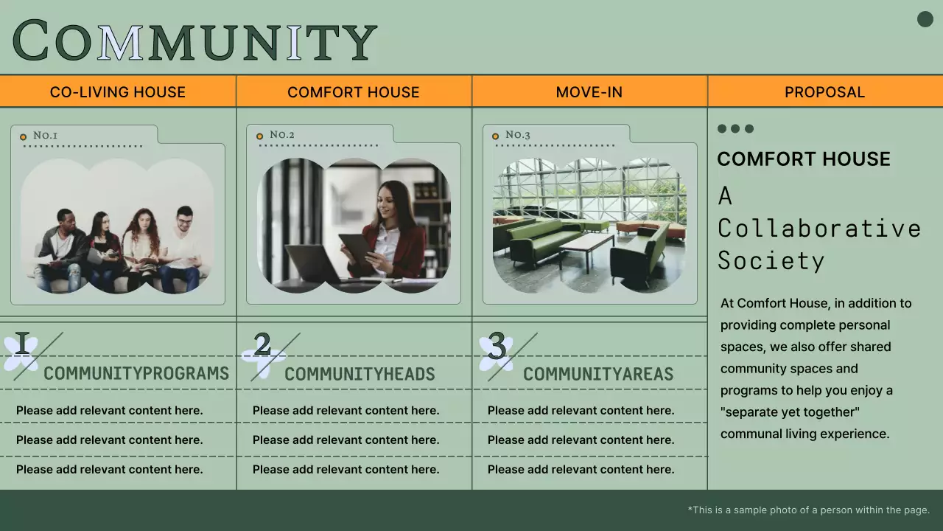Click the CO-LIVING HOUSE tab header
[x=118, y=92]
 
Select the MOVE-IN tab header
[x=589, y=92]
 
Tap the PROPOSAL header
[x=824, y=92]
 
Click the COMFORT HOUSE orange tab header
[x=354, y=92]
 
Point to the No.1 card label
[x=45, y=135]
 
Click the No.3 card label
[x=517, y=135]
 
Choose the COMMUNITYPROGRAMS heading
[x=136, y=373]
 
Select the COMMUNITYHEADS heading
[x=360, y=374]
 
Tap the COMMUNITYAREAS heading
[x=598, y=374]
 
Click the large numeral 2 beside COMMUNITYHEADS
[x=262, y=345]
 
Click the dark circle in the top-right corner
[x=925, y=19]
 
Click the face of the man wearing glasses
[x=184, y=219]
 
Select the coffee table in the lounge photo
[x=586, y=244]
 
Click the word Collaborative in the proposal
[x=819, y=228]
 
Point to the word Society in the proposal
[x=771, y=260]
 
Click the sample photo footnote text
[x=809, y=510]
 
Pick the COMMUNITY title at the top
[x=194, y=41]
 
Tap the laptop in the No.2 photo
[x=313, y=263]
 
